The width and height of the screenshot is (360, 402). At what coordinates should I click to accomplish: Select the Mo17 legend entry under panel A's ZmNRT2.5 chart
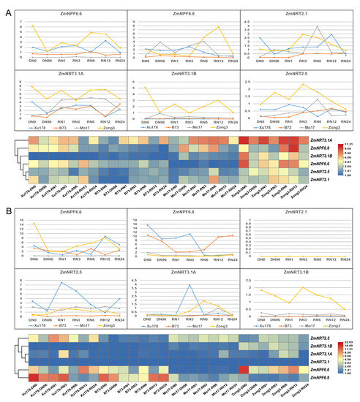coord(304,126)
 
